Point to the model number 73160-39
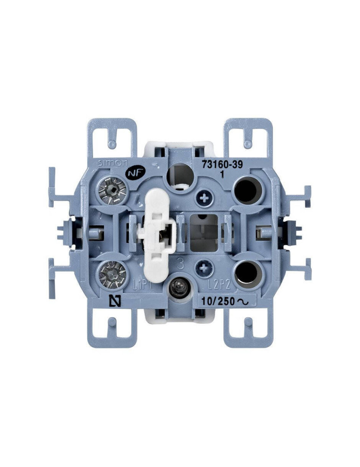pyautogui.click(x=222, y=164)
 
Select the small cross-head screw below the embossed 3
pyautogui.click(x=203, y=268)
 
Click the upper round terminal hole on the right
pyautogui.click(x=247, y=189)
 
